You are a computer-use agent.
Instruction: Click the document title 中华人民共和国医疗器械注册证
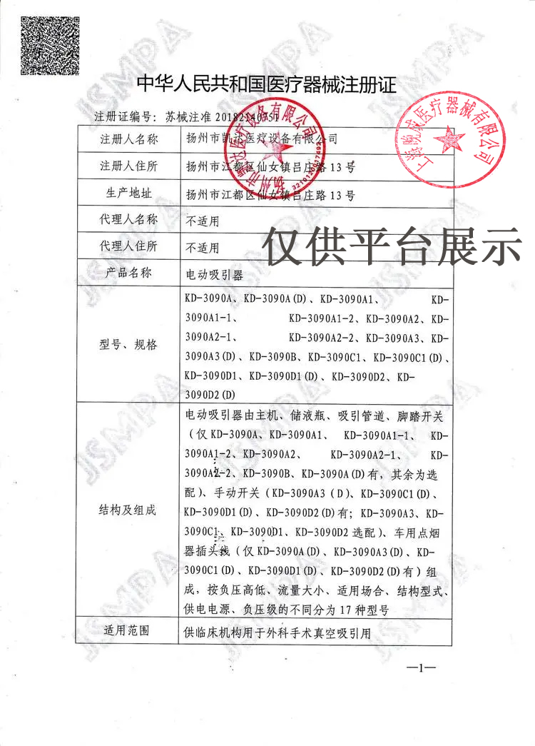[267, 86]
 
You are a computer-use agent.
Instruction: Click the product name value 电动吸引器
[214, 273]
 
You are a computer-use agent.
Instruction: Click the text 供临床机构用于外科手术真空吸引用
[278, 632]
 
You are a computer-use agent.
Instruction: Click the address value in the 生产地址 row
[269, 194]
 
